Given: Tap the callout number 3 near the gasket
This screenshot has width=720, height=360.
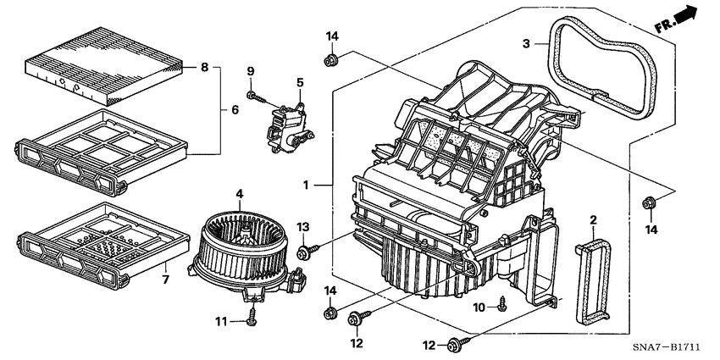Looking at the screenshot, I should [526, 43].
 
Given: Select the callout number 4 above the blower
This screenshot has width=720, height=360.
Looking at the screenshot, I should [240, 194].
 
